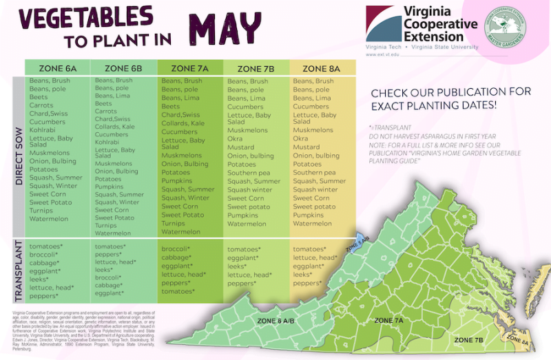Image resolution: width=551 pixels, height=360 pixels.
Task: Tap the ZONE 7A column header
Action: tap(189, 68)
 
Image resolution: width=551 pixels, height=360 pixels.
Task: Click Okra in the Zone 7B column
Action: tap(238, 138)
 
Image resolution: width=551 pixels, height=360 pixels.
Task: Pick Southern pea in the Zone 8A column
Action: tap(314, 173)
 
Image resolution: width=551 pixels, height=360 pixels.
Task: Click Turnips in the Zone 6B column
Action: tap(106, 225)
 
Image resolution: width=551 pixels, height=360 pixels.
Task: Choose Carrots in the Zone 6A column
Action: tap(41, 106)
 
